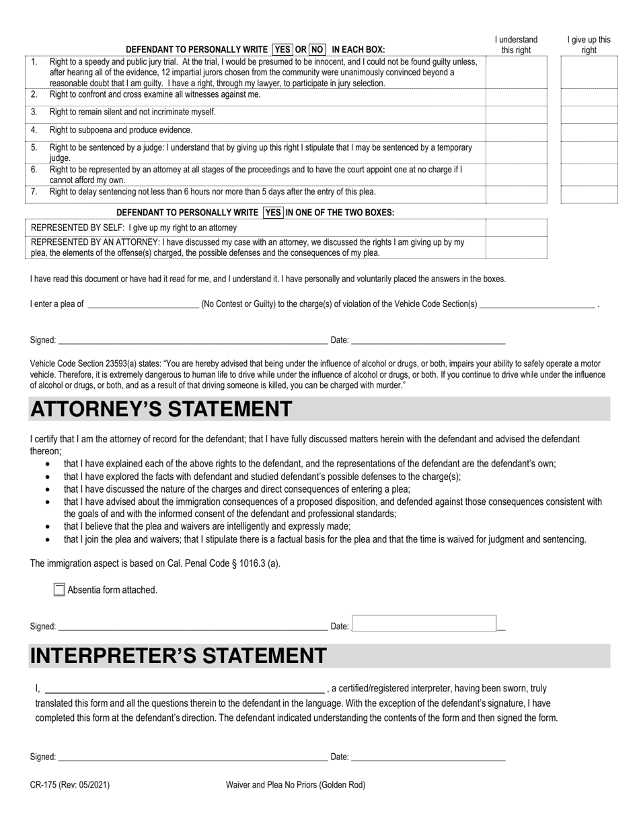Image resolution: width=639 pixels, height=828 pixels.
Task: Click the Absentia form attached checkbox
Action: coord(59,590)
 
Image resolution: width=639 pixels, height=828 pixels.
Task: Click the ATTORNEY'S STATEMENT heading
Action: coord(161,409)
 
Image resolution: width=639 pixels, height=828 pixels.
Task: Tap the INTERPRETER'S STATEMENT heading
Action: coord(178,656)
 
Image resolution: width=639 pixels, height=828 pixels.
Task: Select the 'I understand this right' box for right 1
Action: coord(516,72)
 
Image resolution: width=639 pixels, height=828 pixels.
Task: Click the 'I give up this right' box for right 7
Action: coord(589,195)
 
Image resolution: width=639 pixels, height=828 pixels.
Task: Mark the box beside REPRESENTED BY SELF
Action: coord(516,228)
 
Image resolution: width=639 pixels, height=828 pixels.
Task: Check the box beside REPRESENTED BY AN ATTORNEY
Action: coord(516,247)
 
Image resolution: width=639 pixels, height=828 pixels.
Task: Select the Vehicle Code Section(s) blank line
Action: coord(537,304)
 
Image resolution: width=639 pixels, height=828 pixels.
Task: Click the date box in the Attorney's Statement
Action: coord(424,624)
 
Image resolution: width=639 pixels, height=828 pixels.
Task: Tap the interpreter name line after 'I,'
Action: coord(184,688)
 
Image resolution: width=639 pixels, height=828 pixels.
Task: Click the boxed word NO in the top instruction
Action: coord(317,49)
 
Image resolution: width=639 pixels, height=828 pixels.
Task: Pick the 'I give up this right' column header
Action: coord(589,45)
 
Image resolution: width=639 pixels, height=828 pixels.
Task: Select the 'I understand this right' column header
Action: coord(516,45)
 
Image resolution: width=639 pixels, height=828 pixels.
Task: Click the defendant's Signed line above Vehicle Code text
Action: coord(192,340)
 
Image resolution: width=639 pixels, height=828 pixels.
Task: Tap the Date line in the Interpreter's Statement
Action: coord(428,757)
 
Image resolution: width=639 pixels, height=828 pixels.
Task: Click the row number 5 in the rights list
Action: coord(34,147)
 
